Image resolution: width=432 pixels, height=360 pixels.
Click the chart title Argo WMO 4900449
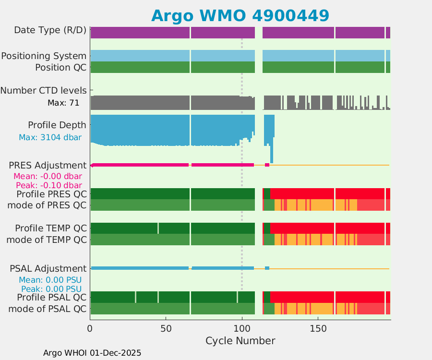(240, 15)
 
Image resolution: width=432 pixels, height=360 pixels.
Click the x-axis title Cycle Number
(240, 341)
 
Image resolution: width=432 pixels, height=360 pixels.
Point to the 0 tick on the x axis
(90, 329)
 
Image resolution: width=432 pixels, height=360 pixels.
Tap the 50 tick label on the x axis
(166, 329)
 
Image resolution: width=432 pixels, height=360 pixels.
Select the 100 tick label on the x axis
(242, 329)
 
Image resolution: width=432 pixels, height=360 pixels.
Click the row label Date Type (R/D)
(50, 30)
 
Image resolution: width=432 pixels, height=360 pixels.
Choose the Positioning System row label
(44, 56)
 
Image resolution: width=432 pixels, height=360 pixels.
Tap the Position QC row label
(60, 67)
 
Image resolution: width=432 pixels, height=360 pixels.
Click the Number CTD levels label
(43, 90)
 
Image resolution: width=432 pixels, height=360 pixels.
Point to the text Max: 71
(63, 103)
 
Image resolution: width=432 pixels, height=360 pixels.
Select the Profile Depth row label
(57, 125)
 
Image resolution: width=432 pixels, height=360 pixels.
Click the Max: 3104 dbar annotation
(50, 137)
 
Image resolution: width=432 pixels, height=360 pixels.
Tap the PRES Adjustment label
(48, 165)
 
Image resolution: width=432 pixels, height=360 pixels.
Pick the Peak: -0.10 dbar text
(48, 185)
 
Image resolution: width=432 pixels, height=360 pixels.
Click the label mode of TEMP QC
(47, 239)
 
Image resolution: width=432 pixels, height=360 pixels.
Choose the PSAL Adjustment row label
(48, 268)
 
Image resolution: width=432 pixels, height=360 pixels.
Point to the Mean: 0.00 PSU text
(50, 280)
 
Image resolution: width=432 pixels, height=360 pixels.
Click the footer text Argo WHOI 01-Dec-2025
(92, 353)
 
